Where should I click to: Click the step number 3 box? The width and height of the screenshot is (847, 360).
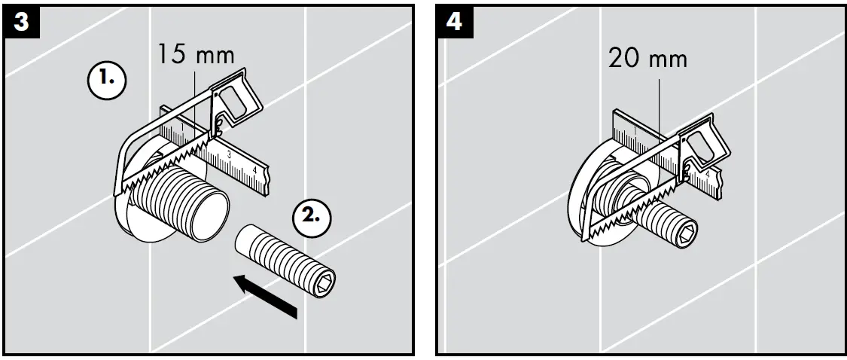tap(22, 22)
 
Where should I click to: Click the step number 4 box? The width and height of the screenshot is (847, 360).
tap(455, 22)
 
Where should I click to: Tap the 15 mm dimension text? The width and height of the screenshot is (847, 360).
tap(196, 55)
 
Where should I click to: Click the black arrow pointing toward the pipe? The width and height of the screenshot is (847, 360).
tap(267, 297)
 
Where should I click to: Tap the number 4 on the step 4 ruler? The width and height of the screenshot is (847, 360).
tap(708, 175)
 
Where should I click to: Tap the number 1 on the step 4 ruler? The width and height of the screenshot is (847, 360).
tap(634, 130)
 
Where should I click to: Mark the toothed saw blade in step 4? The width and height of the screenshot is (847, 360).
tap(632, 209)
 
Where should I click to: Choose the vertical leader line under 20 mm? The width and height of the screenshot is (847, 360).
tap(660, 105)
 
